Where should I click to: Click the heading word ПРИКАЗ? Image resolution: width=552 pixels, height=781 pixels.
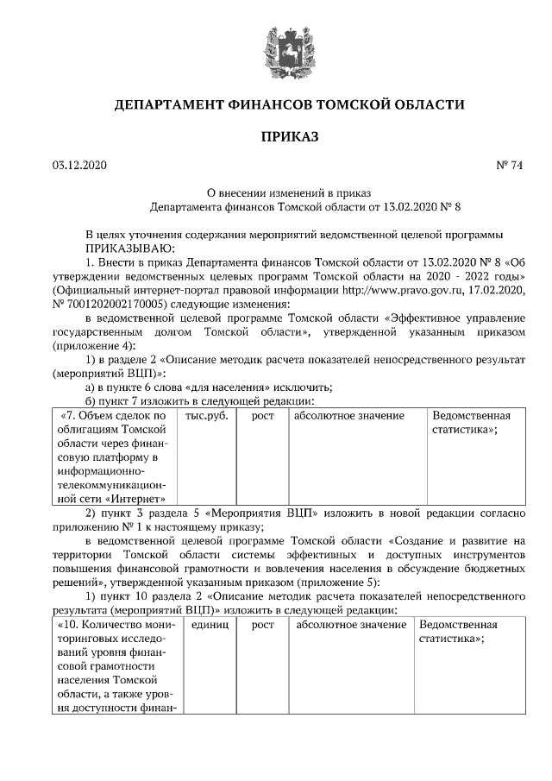click(x=289, y=135)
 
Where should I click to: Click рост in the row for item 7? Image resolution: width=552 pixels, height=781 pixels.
click(x=262, y=417)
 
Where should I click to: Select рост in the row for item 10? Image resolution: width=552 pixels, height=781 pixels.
click(x=262, y=625)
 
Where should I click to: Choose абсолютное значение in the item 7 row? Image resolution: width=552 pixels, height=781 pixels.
click(x=349, y=417)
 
